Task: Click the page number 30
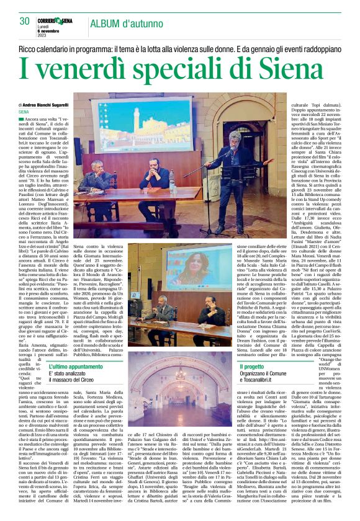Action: coord(24,22)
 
